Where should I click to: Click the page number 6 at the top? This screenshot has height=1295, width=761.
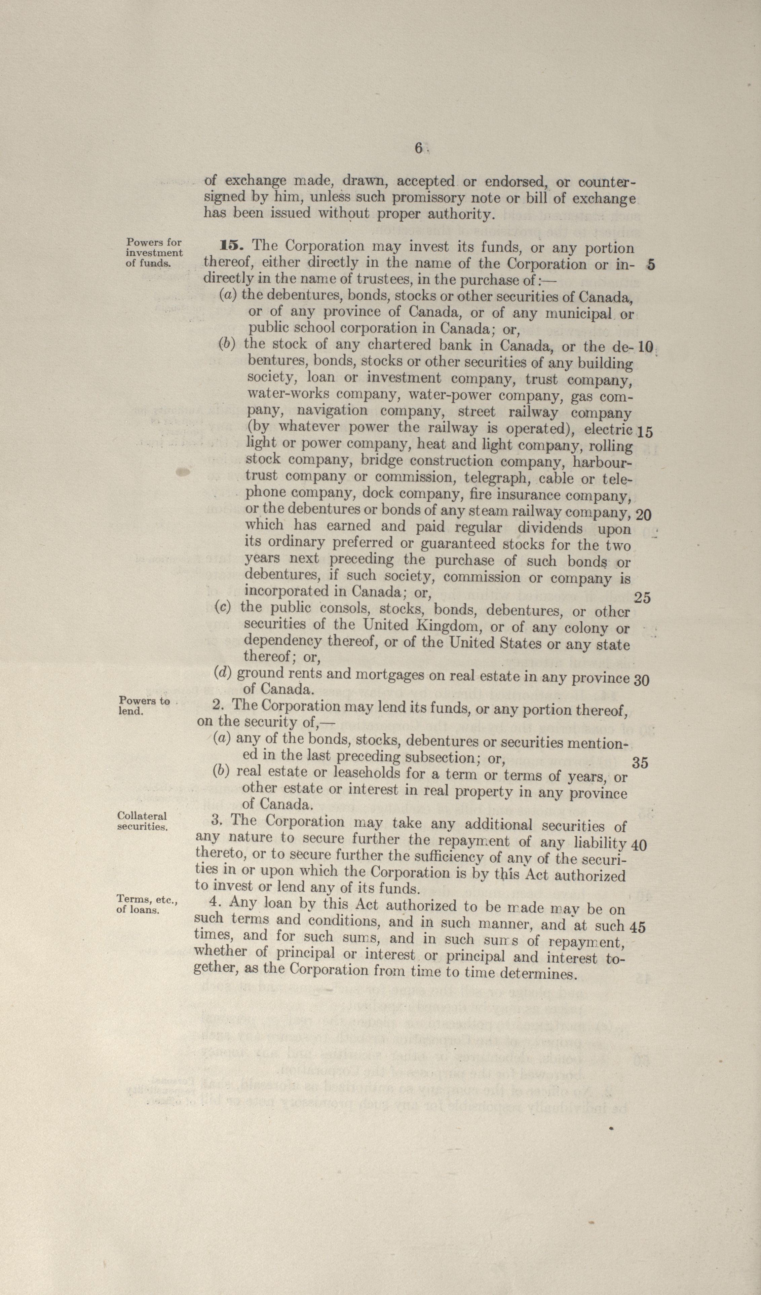[x=418, y=148]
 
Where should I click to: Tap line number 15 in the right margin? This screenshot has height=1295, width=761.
[x=644, y=432]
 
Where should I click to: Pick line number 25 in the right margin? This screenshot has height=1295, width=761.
[x=642, y=597]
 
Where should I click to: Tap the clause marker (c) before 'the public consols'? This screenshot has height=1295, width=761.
[x=223, y=607]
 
